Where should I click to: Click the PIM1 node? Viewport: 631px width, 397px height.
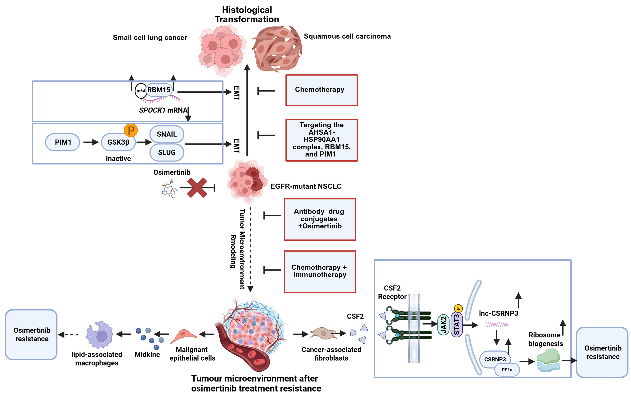(x=63, y=142)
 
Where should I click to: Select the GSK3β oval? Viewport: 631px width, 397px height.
(x=118, y=142)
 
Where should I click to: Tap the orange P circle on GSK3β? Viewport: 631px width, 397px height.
(x=131, y=130)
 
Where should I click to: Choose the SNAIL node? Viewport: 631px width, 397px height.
(x=167, y=134)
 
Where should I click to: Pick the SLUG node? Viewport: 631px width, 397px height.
(x=167, y=152)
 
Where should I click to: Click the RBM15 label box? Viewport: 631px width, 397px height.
(x=159, y=90)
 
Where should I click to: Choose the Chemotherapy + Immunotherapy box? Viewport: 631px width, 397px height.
(x=320, y=271)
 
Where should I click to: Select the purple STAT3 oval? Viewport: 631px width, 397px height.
(x=456, y=324)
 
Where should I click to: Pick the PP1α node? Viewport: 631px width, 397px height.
(x=507, y=369)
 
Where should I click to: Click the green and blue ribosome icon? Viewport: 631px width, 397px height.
(x=548, y=360)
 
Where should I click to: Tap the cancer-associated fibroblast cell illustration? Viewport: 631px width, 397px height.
(x=323, y=333)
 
